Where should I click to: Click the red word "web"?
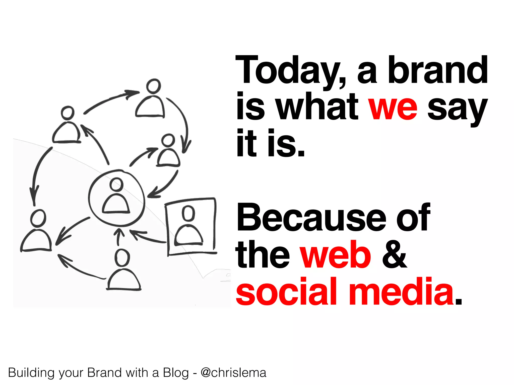(x=335, y=255)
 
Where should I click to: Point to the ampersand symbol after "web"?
(x=394, y=255)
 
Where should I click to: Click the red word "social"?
(x=286, y=292)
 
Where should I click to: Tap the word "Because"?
(x=311, y=218)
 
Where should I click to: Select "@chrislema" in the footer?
(x=233, y=373)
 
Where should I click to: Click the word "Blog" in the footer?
(x=176, y=373)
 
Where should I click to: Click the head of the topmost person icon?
(x=153, y=86)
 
